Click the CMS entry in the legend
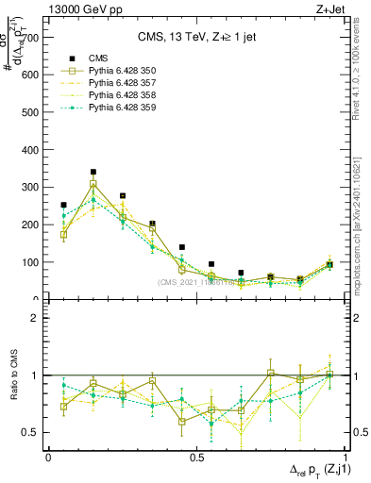click(96, 56)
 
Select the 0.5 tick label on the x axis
click(196, 457)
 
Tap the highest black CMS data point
click(93, 173)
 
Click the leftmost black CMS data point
click(63, 205)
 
